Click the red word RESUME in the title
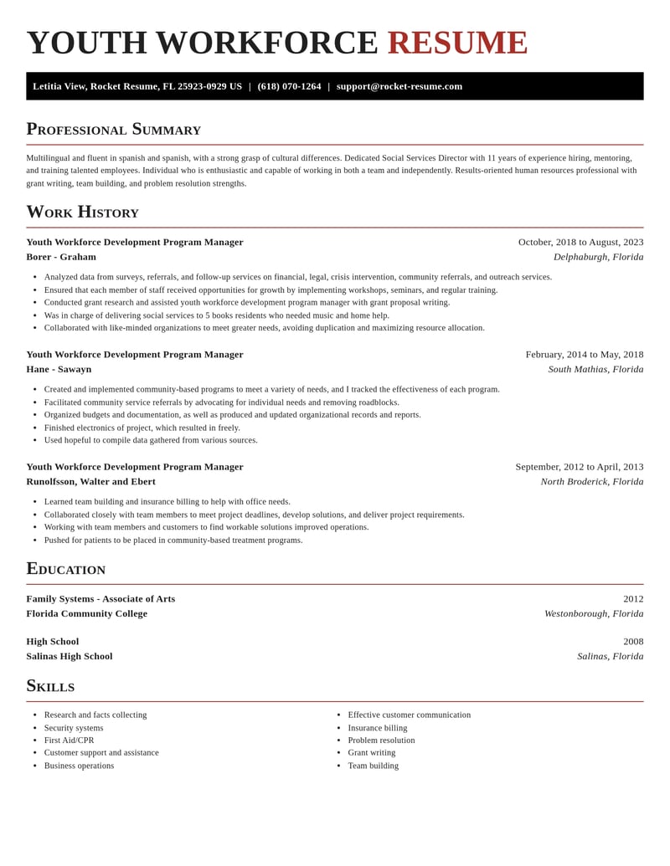tap(457, 43)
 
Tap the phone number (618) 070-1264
tap(289, 86)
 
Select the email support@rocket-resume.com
tap(399, 86)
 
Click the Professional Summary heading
tap(113, 129)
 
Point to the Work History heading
tap(82, 212)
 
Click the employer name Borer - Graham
tap(61, 257)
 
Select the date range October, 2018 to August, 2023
tap(580, 242)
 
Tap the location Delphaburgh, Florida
tap(598, 257)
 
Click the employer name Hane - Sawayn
tap(59, 369)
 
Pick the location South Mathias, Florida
tap(595, 369)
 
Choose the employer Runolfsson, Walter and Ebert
tap(90, 481)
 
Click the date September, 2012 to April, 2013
tap(579, 467)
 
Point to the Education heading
tap(65, 569)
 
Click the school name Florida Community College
tap(86, 613)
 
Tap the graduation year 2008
tap(633, 642)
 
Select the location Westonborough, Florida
tap(594, 613)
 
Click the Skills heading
tap(50, 686)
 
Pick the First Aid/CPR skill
tap(69, 740)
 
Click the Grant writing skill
tap(372, 752)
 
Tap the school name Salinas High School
tap(69, 656)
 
